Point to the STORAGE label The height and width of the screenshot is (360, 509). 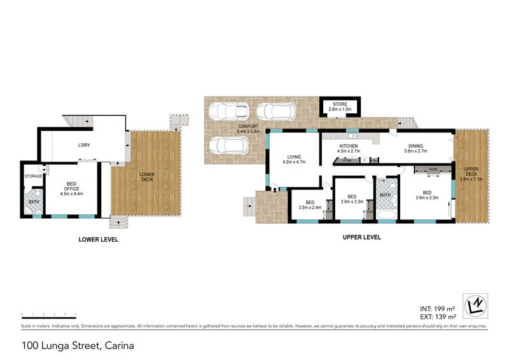click(33, 176)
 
